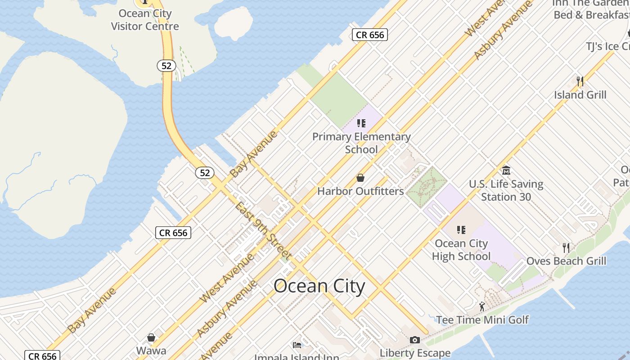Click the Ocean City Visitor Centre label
(145, 20)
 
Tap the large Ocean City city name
(319, 286)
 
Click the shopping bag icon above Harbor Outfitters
(360, 178)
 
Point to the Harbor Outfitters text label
(360, 191)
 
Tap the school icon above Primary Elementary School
(361, 123)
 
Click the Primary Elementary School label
(361, 143)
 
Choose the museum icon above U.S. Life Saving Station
(506, 171)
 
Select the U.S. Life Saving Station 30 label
(506, 190)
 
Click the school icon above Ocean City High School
(461, 230)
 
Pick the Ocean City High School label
(461, 250)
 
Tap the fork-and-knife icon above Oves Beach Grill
(566, 247)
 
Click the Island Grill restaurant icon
(580, 81)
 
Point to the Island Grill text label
(580, 95)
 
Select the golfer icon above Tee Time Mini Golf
(482, 306)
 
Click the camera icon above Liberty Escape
(415, 340)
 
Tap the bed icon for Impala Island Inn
(297, 345)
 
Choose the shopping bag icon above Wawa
(151, 337)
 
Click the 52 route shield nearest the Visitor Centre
(166, 66)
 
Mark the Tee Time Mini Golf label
(482, 320)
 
